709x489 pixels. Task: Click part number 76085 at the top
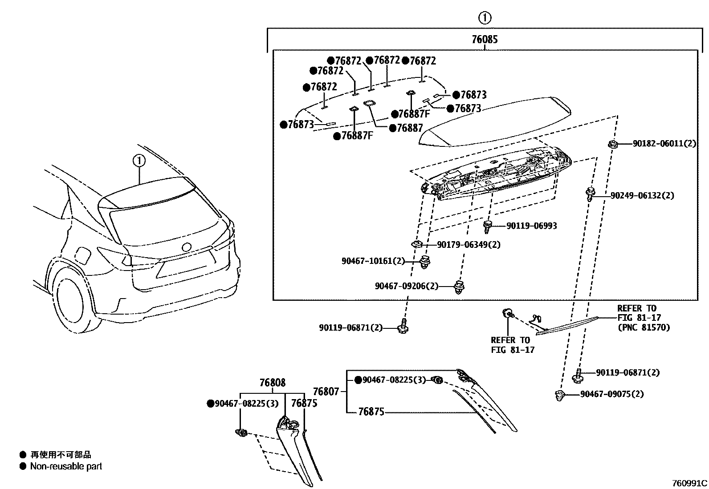click(x=485, y=40)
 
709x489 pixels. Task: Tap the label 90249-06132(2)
click(x=642, y=195)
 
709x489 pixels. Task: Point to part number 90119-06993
click(x=531, y=226)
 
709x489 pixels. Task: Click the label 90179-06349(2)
click(x=469, y=245)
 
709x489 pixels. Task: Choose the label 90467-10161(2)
click(x=373, y=261)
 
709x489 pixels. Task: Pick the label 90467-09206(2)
click(x=406, y=286)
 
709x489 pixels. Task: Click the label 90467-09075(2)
click(x=612, y=394)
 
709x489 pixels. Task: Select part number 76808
click(x=273, y=383)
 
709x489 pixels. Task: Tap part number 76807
click(x=326, y=392)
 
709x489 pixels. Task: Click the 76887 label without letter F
click(x=409, y=128)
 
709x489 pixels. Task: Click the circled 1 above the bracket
click(x=485, y=18)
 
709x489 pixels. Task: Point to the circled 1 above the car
click(x=139, y=160)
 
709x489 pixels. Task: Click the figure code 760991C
click(x=689, y=483)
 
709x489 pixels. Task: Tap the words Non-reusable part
click(x=66, y=466)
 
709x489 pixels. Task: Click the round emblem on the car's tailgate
click(x=186, y=247)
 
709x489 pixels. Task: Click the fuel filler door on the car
click(x=83, y=255)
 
